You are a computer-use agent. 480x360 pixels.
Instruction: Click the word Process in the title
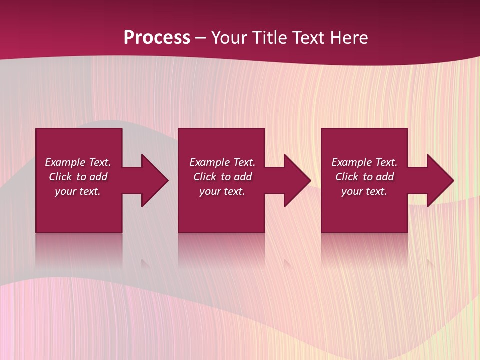(157, 38)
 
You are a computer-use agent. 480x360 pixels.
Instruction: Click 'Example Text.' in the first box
(78, 162)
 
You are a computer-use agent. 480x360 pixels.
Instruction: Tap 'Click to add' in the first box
(78, 177)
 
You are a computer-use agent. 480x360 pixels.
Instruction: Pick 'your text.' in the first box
(78, 191)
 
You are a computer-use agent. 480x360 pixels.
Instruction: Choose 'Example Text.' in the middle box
(222, 162)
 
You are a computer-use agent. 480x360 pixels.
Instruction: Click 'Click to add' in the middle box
(222, 177)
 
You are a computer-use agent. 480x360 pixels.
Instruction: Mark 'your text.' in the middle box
(222, 191)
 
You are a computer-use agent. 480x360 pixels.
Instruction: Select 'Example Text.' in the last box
(364, 162)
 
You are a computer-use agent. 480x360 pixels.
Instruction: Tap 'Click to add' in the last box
(364, 177)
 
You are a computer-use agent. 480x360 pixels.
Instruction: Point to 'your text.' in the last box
(364, 191)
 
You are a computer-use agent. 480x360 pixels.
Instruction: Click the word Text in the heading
(308, 38)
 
